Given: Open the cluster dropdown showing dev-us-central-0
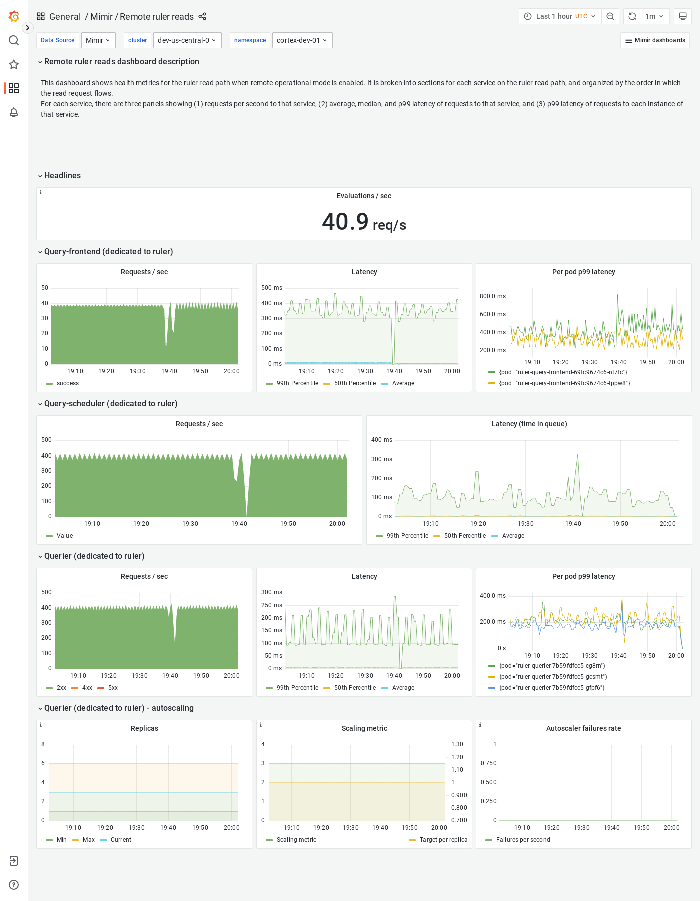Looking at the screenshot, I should click(x=187, y=40).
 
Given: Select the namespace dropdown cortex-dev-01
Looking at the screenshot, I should click(x=302, y=40).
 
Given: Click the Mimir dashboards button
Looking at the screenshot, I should click(x=655, y=40).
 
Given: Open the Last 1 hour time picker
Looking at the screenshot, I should click(x=560, y=16).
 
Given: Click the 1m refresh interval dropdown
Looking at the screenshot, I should click(x=654, y=16).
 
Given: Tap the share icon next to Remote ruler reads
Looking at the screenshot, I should click(x=202, y=16).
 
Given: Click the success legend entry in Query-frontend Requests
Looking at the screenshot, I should click(x=67, y=383).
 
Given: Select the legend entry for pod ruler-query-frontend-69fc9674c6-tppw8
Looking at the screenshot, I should click(x=564, y=383).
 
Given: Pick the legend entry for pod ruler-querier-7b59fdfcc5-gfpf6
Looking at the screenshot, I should click(x=552, y=688).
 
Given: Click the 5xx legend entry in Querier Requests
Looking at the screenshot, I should click(x=113, y=688).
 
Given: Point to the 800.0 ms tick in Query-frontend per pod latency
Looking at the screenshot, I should click(x=492, y=296).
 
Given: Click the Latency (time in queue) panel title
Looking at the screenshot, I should click(x=529, y=424).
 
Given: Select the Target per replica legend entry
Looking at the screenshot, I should click(x=443, y=840).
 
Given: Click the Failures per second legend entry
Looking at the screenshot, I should click(x=523, y=840).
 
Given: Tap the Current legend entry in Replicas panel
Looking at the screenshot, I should click(x=121, y=840).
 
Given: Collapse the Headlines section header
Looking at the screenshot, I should click(x=62, y=176).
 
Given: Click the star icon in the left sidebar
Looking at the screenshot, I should click(x=14, y=64).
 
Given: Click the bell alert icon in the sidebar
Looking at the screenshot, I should click(x=14, y=112).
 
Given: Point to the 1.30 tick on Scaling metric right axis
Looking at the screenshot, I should click(x=457, y=744).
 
